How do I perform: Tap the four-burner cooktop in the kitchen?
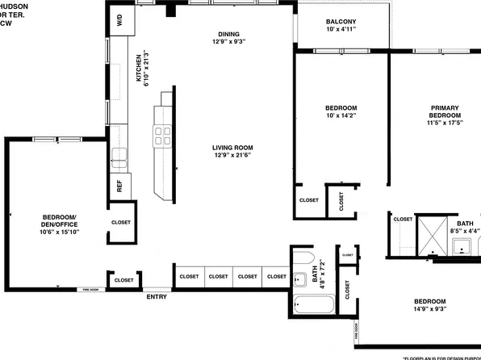[162, 136]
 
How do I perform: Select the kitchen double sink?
[119, 156]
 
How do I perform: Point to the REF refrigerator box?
[119, 186]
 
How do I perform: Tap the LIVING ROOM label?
[232, 148]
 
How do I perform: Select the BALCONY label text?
[341, 21]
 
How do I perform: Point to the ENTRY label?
[157, 296]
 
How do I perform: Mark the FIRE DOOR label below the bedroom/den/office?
[89, 289]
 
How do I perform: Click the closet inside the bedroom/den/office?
[120, 223]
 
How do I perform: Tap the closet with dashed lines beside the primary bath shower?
[402, 234]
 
